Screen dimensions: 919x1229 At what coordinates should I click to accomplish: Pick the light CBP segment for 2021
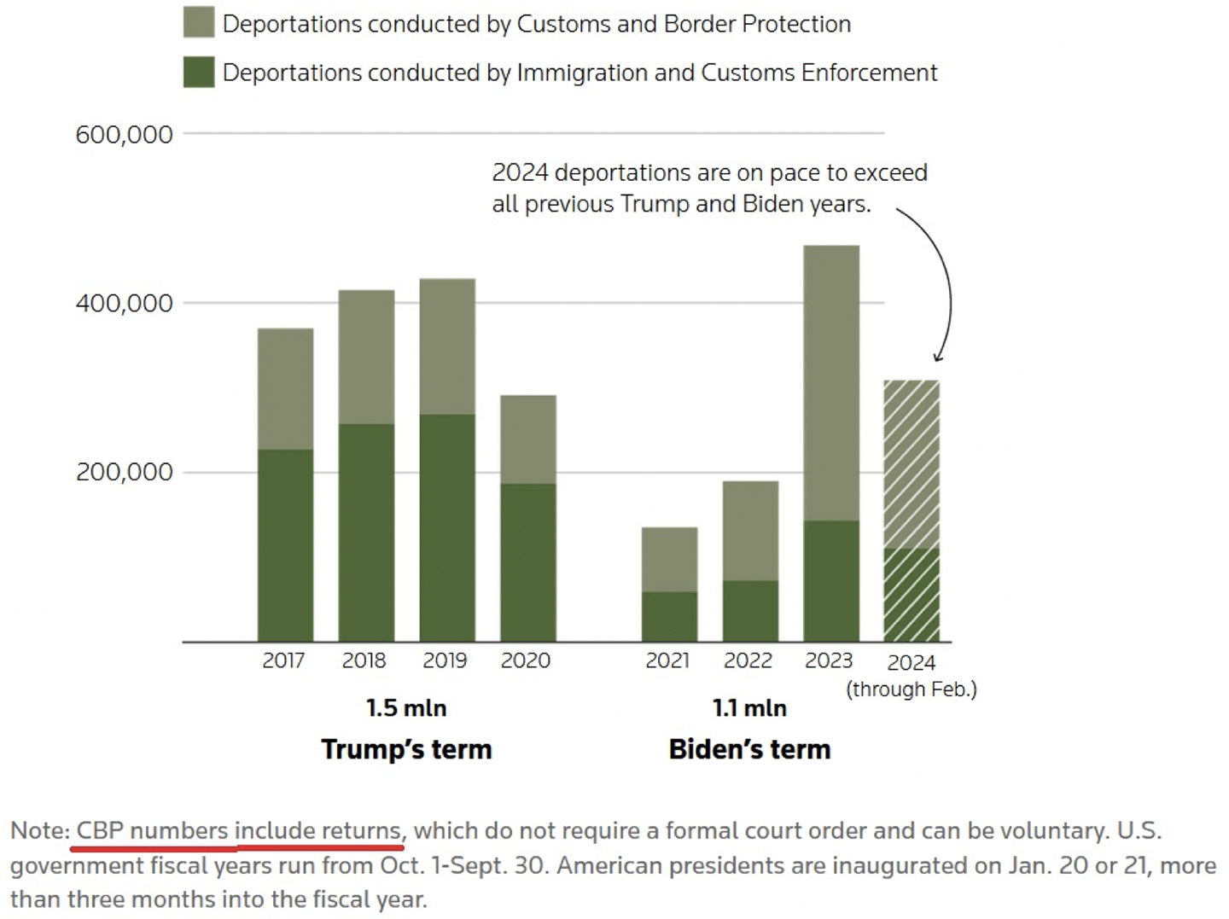669,559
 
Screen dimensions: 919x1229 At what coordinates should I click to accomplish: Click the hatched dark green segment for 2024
912,595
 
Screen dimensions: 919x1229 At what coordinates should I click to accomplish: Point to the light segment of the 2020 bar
528,439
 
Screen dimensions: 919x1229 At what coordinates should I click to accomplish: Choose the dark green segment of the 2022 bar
750,611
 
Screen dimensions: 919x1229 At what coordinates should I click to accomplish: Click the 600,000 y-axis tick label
124,135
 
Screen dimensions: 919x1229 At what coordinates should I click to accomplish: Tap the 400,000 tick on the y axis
124,304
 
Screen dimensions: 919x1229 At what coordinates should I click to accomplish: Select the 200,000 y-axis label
124,472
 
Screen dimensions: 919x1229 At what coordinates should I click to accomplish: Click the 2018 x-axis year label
364,660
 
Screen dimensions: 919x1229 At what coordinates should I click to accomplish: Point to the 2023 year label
829,660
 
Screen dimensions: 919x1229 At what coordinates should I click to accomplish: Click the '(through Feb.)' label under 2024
912,689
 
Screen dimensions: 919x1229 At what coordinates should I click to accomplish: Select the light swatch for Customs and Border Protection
199,23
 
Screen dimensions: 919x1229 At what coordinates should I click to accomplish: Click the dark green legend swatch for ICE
199,73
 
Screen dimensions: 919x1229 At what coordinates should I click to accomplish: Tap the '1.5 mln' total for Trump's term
406,708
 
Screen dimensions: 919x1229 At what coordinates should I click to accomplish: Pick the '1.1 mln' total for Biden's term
749,708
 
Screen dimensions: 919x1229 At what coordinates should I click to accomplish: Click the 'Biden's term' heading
749,749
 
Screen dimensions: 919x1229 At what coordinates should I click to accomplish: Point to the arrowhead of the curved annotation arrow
938,358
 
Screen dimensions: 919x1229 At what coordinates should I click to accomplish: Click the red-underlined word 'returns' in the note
360,830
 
